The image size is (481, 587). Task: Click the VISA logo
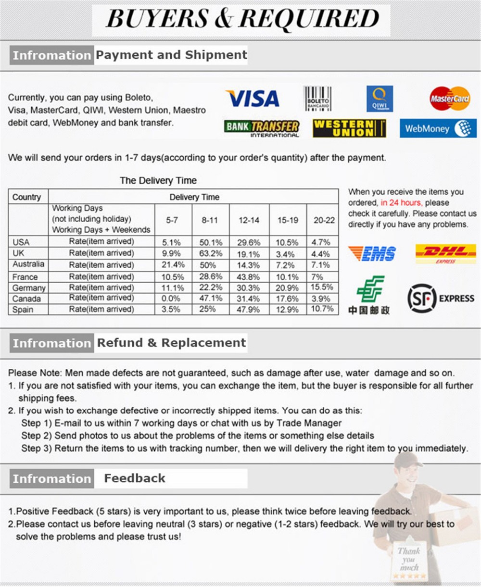(253, 99)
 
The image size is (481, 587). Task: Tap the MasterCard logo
(450, 99)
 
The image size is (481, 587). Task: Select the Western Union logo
(349, 128)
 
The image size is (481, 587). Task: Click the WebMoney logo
(438, 128)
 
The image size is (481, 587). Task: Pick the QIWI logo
(380, 99)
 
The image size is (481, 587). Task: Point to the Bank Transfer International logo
(262, 128)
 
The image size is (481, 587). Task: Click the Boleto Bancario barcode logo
(317, 99)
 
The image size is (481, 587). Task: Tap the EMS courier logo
(372, 253)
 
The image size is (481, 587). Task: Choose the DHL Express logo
(445, 253)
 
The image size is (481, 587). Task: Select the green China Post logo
(370, 295)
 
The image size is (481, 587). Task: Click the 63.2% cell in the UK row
(211, 254)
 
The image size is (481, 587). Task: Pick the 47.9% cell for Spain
(249, 309)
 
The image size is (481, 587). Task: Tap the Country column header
(27, 197)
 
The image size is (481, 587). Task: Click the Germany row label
(29, 287)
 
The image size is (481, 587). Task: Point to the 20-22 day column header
(324, 220)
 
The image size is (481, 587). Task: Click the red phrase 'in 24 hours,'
(401, 203)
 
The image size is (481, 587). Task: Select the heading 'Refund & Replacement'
(171, 343)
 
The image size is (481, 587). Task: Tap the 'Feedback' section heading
(135, 478)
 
